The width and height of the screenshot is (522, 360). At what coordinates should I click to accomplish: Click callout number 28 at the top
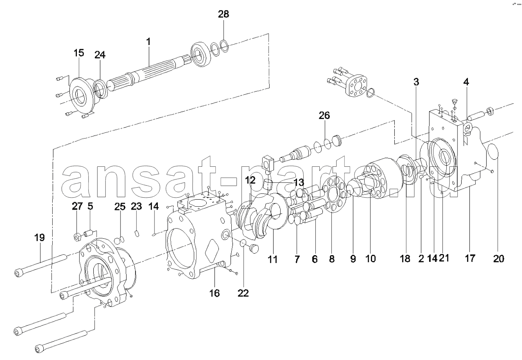click(224, 14)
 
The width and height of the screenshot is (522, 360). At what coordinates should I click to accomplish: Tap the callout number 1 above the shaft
click(149, 42)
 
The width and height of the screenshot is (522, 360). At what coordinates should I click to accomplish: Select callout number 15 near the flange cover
click(79, 53)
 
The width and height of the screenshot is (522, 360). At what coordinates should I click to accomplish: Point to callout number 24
click(100, 55)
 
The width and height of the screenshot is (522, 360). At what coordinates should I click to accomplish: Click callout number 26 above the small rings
click(324, 116)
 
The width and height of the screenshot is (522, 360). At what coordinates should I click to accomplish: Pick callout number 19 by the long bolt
click(40, 238)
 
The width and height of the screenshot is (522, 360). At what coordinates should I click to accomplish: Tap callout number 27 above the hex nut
click(77, 206)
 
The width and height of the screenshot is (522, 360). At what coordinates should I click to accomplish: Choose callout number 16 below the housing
click(215, 293)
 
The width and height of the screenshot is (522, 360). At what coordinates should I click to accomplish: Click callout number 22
click(243, 293)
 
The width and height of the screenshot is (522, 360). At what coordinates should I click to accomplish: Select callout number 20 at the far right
click(499, 259)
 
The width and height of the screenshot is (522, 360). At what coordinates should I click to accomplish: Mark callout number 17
click(470, 258)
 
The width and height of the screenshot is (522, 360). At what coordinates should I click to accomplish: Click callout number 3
click(416, 82)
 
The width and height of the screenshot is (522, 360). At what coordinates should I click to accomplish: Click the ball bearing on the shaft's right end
click(201, 55)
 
